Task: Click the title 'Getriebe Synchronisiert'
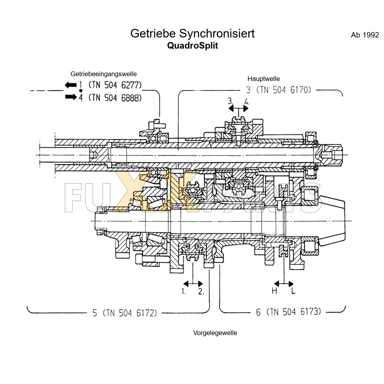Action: click(x=192, y=33)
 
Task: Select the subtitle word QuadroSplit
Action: click(x=192, y=46)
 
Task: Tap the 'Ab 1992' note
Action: click(x=365, y=35)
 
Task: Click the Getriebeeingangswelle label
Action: click(x=103, y=74)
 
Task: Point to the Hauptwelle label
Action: click(x=263, y=79)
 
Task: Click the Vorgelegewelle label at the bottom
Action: click(x=215, y=333)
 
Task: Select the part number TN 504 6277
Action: click(x=115, y=85)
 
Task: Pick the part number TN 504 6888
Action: click(x=115, y=97)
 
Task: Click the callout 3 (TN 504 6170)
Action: click(x=278, y=90)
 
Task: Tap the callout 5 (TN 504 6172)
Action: click(x=124, y=313)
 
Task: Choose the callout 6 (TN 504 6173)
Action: click(x=288, y=312)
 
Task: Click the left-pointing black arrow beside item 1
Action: click(x=70, y=85)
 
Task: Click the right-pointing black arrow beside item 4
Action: click(x=70, y=97)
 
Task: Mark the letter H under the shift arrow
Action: click(x=274, y=290)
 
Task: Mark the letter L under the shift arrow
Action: click(x=293, y=290)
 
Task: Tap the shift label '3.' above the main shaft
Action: click(x=231, y=100)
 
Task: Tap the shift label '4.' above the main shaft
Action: click(x=247, y=100)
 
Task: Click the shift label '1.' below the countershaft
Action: click(x=184, y=291)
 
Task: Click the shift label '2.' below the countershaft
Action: click(x=201, y=291)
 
